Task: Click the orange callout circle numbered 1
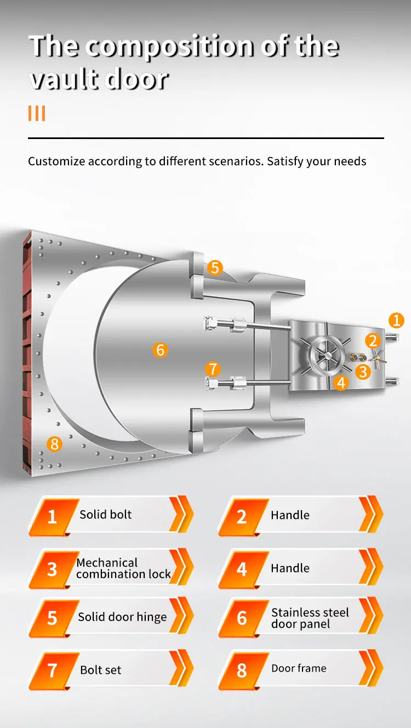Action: click(396, 320)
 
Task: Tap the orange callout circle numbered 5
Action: click(214, 268)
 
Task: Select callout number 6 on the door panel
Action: click(160, 350)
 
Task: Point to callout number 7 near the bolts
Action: click(213, 368)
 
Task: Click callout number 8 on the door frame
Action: click(54, 443)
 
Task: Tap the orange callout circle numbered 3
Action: click(362, 372)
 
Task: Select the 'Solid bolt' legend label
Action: click(106, 515)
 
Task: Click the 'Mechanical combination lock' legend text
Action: click(124, 568)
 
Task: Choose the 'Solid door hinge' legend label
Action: click(122, 617)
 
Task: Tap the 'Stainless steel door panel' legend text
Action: click(310, 618)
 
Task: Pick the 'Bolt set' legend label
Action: click(101, 670)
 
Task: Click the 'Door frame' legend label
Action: click(299, 668)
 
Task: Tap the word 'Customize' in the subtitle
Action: click(56, 161)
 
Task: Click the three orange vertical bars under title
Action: click(36, 114)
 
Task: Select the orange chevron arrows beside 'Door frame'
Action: click(370, 669)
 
